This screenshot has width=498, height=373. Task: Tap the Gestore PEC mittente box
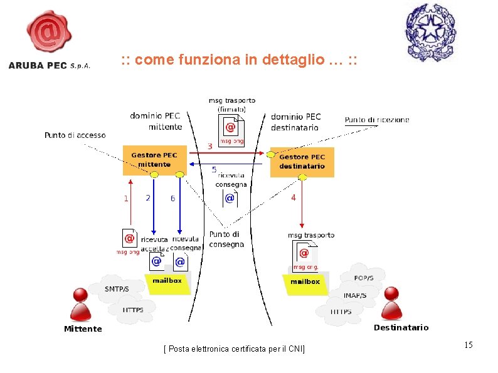[154, 160]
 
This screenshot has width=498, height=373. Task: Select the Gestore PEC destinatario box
[302, 162]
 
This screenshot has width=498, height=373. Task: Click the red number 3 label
[209, 146]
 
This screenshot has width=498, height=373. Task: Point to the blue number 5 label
[214, 170]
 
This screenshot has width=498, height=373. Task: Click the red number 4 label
[293, 197]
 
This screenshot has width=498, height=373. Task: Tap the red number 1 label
[126, 198]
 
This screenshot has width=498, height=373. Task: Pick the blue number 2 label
[148, 198]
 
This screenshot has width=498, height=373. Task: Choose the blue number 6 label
[172, 199]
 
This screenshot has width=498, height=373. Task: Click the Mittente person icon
[80, 304]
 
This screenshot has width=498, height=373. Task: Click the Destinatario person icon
[392, 303]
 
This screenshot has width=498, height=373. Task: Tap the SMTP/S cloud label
[117, 289]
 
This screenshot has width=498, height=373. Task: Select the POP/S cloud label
[364, 278]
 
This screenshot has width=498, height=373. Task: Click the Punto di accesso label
[75, 135]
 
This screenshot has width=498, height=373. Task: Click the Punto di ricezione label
[376, 120]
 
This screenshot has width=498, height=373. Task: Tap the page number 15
[468, 345]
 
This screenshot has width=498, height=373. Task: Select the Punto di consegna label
[225, 239]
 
